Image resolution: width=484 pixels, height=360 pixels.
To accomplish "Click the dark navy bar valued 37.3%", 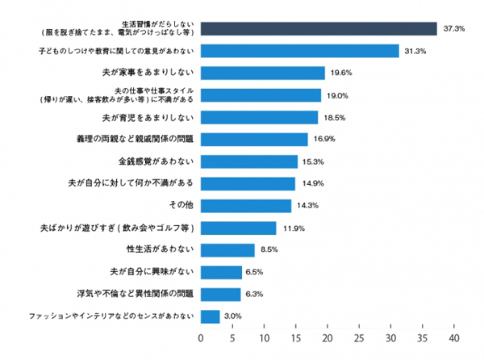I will coord(319,29).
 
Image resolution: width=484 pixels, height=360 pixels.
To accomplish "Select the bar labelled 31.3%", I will coord(299,51).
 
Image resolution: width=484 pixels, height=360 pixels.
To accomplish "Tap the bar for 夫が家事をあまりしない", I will coord(262,73).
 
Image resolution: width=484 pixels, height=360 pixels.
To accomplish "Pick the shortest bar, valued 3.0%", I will coord(210,316).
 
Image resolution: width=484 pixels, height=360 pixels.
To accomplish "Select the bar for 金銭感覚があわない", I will coord(248,161).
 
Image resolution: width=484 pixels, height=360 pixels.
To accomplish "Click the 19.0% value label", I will coord(336,95).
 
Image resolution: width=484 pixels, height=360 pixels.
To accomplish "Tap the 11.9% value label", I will coord(290,228).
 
